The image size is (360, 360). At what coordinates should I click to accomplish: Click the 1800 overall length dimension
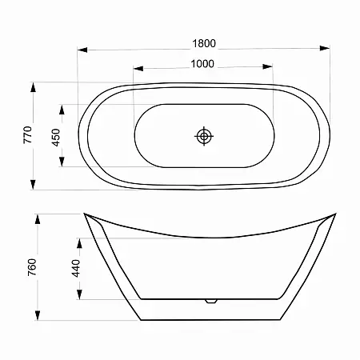(x=204, y=43)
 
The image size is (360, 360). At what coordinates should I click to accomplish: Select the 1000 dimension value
(x=202, y=64)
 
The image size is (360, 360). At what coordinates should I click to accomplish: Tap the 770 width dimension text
(x=28, y=135)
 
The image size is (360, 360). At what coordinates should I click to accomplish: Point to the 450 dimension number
(x=56, y=138)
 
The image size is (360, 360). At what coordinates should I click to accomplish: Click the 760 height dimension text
(x=32, y=267)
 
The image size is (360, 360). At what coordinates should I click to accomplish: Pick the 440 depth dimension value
(x=76, y=268)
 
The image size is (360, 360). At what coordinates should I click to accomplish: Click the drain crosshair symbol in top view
(x=204, y=136)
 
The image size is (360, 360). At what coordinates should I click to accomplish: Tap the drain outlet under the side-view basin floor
(x=211, y=301)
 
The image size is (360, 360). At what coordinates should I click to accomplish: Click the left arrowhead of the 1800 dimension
(x=82, y=50)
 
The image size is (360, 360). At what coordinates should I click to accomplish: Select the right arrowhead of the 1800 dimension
(x=325, y=48)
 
